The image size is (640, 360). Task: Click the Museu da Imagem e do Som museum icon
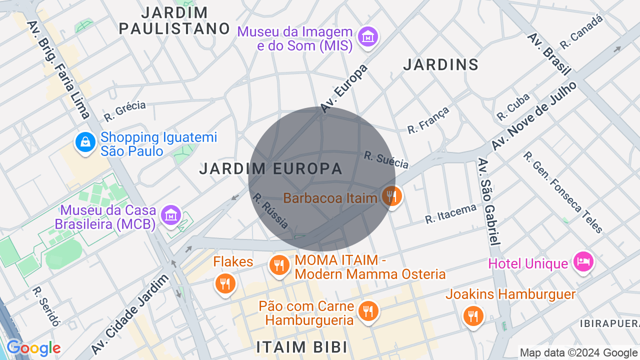point(368,36)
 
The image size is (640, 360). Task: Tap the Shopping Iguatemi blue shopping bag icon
point(85,142)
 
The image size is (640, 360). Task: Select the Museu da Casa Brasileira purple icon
point(171,215)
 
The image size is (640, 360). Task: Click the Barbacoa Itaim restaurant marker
point(392,196)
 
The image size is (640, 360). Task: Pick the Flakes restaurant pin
point(225,283)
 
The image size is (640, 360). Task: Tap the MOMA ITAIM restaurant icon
point(279,264)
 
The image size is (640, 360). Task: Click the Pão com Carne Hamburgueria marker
point(368,311)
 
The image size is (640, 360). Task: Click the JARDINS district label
point(441,65)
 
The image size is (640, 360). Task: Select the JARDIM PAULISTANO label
point(174,20)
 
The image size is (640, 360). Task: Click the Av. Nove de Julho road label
point(533,115)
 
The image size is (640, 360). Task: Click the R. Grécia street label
point(124,111)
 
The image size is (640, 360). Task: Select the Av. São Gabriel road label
point(488,201)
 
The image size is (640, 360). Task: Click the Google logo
point(33,348)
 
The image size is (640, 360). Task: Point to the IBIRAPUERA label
point(609,323)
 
